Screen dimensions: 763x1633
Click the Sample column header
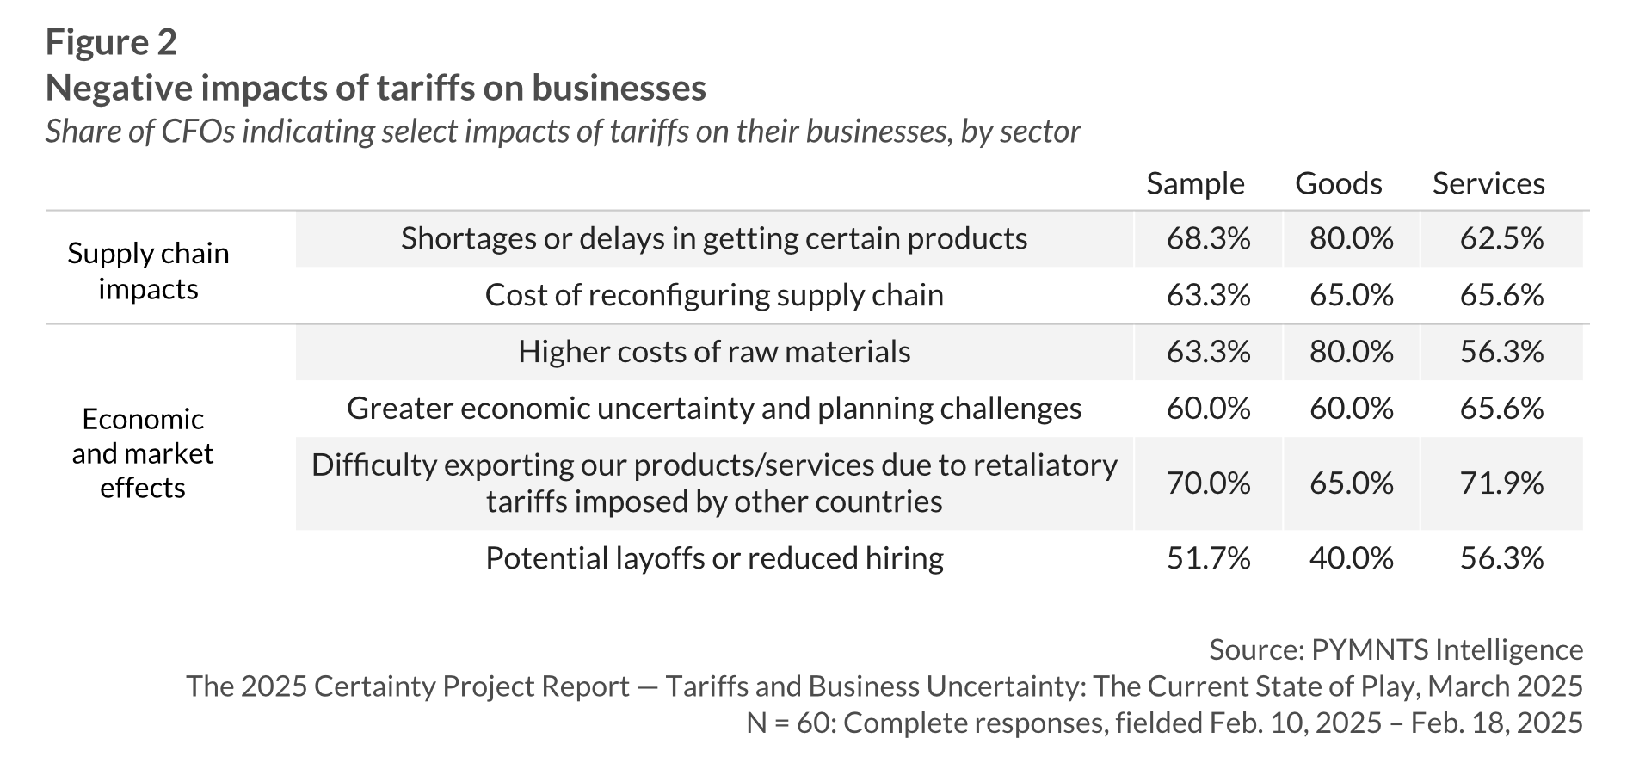tap(1195, 183)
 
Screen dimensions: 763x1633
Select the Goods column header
tap(1339, 183)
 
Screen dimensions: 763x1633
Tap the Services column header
tap(1488, 183)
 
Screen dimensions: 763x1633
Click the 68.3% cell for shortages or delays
tap(1208, 238)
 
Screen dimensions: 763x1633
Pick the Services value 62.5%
tap(1501, 238)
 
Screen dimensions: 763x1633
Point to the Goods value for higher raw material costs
tap(1351, 352)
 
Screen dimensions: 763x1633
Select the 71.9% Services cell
tap(1501, 483)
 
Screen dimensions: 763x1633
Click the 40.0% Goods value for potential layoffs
tap(1351, 558)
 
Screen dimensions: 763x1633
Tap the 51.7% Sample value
tap(1208, 558)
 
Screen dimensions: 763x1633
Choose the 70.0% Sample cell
tap(1208, 483)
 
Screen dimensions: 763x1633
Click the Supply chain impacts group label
tap(148, 271)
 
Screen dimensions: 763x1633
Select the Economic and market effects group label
tap(143, 453)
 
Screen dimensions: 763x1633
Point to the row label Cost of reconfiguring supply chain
tap(714, 295)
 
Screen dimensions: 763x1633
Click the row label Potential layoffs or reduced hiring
tap(714, 558)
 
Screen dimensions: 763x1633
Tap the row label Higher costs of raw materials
tap(714, 352)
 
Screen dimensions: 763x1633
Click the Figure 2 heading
tap(111, 41)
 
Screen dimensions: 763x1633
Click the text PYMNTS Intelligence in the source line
tap(1446, 649)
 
